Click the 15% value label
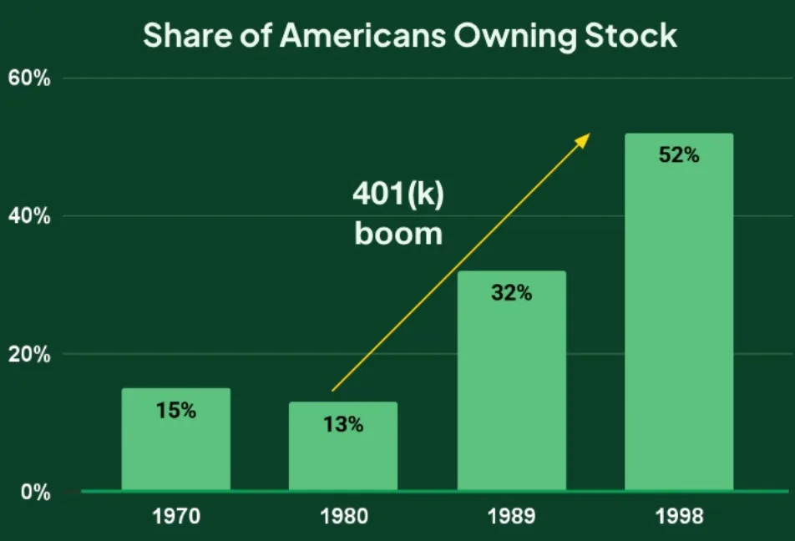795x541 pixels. coord(175,411)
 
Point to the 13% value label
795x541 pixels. coord(343,424)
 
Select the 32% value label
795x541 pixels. coord(511,293)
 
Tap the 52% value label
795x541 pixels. coord(678,155)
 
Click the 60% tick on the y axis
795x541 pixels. coord(30,78)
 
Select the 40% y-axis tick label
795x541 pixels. coord(30,216)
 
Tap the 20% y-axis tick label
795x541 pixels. coord(30,354)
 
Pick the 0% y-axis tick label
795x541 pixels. coord(36,492)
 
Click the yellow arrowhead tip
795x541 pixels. coord(589,134)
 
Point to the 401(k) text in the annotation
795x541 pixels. coord(398,195)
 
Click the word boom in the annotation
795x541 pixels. coord(398,233)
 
